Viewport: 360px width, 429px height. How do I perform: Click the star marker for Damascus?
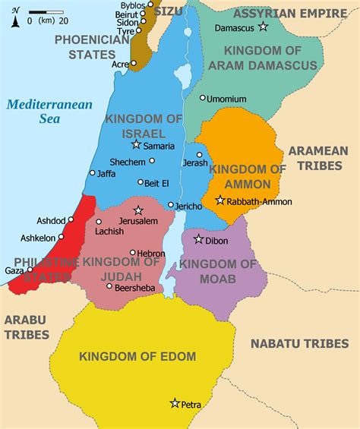pyautogui.click(x=264, y=27)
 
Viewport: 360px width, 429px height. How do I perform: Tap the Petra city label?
pyautogui.click(x=191, y=405)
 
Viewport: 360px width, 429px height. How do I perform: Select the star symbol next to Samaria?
pyautogui.click(x=136, y=144)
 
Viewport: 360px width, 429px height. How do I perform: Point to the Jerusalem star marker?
pyautogui.click(x=138, y=210)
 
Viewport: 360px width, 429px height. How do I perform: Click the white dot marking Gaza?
pyautogui.click(x=30, y=269)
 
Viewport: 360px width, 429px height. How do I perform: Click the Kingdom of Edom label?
pyautogui.click(x=137, y=356)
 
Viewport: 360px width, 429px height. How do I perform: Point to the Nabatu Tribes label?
pyautogui.click(x=299, y=343)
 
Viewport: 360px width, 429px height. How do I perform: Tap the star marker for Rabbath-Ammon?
pyautogui.click(x=219, y=200)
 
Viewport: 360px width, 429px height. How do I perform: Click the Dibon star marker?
pyautogui.click(x=198, y=239)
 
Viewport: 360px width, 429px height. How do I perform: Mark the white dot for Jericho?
pyautogui.click(x=171, y=205)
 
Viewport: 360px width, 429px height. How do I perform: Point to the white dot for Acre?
pyautogui.click(x=131, y=65)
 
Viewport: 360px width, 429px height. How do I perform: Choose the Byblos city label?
pyautogui.click(x=122, y=5)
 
